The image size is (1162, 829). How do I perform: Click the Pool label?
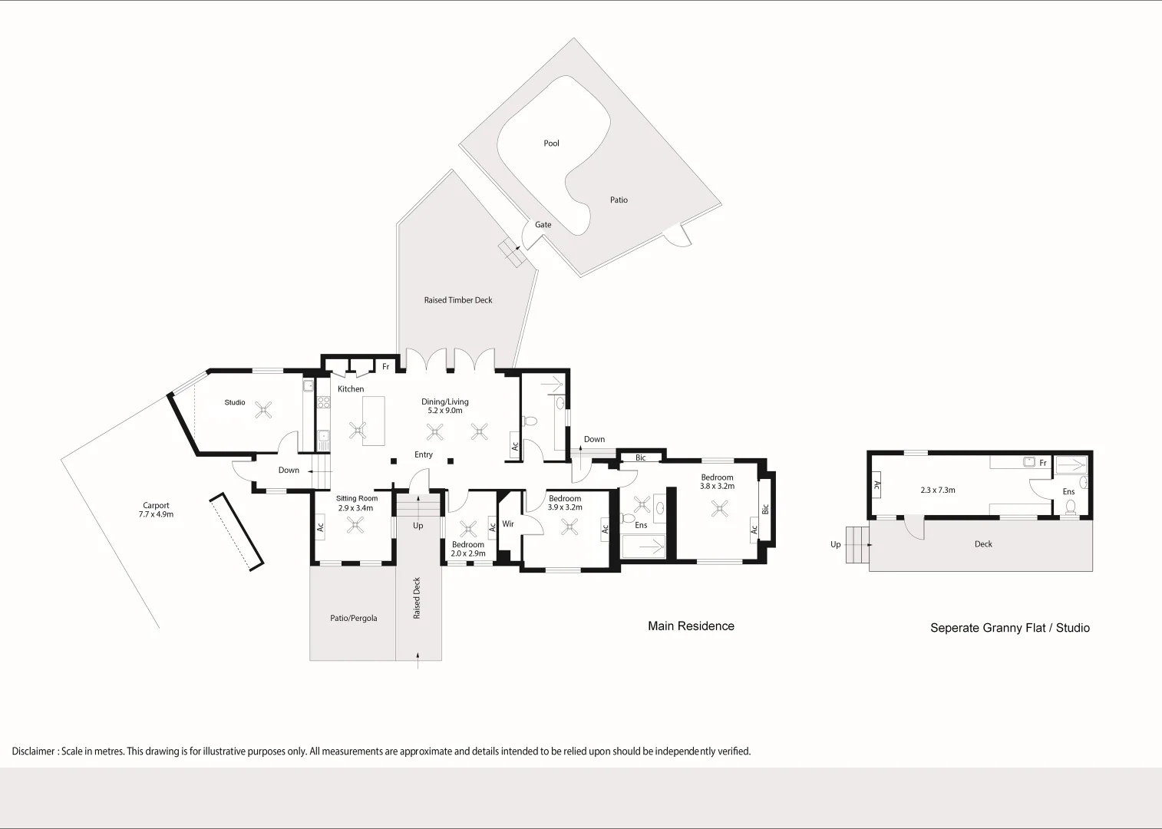(x=551, y=144)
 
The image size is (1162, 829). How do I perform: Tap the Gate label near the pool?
(x=543, y=225)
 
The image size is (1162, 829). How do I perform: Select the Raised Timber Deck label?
(x=458, y=300)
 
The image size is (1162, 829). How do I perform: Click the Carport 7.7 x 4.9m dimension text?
(x=156, y=514)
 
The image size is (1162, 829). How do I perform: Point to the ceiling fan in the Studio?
(x=263, y=411)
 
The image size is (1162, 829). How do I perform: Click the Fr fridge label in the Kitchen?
(x=385, y=367)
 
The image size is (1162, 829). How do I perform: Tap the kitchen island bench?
(x=374, y=421)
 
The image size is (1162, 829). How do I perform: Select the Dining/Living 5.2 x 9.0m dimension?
(x=445, y=411)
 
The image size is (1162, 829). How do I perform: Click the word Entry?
(x=424, y=454)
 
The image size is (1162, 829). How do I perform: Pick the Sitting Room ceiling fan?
(x=355, y=525)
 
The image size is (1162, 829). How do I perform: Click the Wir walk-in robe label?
(x=508, y=524)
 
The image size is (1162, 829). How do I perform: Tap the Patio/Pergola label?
(x=354, y=619)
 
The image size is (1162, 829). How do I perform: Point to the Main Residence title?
(x=691, y=626)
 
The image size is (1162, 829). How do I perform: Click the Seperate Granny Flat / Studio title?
(x=1010, y=628)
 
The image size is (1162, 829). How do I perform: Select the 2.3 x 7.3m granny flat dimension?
(x=938, y=490)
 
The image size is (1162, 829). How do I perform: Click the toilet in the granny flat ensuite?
(x=1070, y=507)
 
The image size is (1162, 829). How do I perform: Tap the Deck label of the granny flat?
(x=983, y=544)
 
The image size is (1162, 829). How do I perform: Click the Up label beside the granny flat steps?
(x=835, y=545)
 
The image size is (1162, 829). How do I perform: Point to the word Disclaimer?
(x=33, y=751)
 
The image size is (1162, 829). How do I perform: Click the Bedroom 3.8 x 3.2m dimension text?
(x=718, y=487)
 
